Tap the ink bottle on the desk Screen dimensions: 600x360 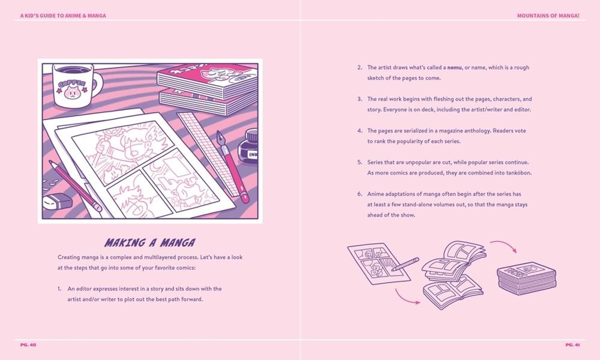point(248,147)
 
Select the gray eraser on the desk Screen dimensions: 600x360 point(57,201)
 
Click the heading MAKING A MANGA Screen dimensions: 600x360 point(150,242)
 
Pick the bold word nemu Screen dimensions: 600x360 point(455,67)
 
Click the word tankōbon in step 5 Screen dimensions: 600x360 point(519,173)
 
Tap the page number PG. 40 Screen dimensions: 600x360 point(28,344)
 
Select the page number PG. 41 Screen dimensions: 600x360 point(572,344)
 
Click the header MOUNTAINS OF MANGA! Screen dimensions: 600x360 point(548,16)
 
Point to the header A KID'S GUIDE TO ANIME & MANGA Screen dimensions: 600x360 point(63,16)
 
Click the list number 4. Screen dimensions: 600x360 point(359,131)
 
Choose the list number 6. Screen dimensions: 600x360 point(359,194)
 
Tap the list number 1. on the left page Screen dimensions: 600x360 point(59,289)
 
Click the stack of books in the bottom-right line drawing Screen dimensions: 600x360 point(527,278)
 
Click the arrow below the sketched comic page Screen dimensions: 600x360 point(406,298)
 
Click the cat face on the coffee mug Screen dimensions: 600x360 point(71,92)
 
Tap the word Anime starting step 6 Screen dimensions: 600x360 point(374,194)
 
